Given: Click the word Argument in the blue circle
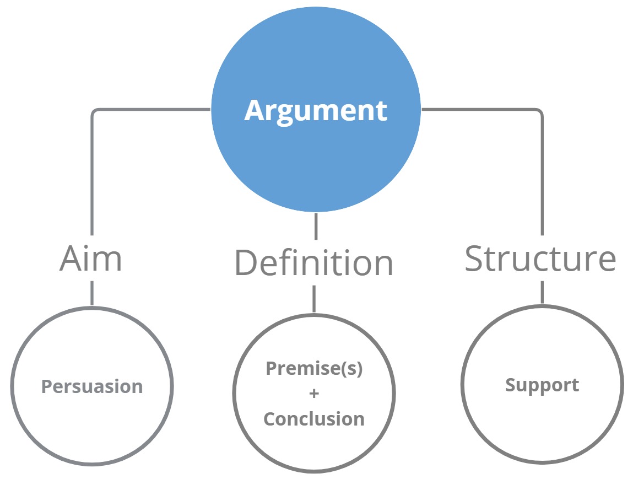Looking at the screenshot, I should (x=316, y=111).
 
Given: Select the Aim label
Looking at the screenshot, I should (x=91, y=258).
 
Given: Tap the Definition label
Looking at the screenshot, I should (x=314, y=263).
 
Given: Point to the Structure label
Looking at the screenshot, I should (x=540, y=258).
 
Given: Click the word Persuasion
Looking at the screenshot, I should (x=92, y=386).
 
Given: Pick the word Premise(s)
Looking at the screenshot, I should (x=314, y=368).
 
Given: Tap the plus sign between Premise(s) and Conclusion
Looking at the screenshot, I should (x=314, y=394).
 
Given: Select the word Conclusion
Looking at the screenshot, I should (x=314, y=419).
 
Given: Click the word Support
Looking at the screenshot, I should (x=542, y=385).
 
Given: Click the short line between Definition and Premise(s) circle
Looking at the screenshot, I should (x=314, y=298).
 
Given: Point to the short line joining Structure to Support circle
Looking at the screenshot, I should (x=542, y=292).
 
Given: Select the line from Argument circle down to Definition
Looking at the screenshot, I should (x=316, y=226).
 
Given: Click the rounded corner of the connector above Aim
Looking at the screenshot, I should (x=95, y=112).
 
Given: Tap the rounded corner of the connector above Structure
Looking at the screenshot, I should (x=539, y=112).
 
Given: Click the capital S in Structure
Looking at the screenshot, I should (x=476, y=258).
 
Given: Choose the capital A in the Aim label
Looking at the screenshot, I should (x=71, y=258).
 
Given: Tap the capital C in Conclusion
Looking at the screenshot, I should (x=270, y=419).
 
